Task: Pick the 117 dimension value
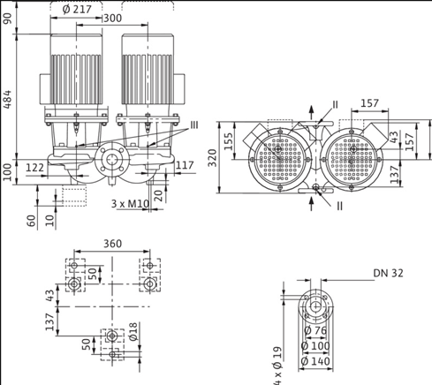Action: [184, 165]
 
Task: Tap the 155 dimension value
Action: [228, 140]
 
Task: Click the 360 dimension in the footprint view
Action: [112, 244]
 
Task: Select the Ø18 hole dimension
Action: [132, 332]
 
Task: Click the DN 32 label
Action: [388, 274]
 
